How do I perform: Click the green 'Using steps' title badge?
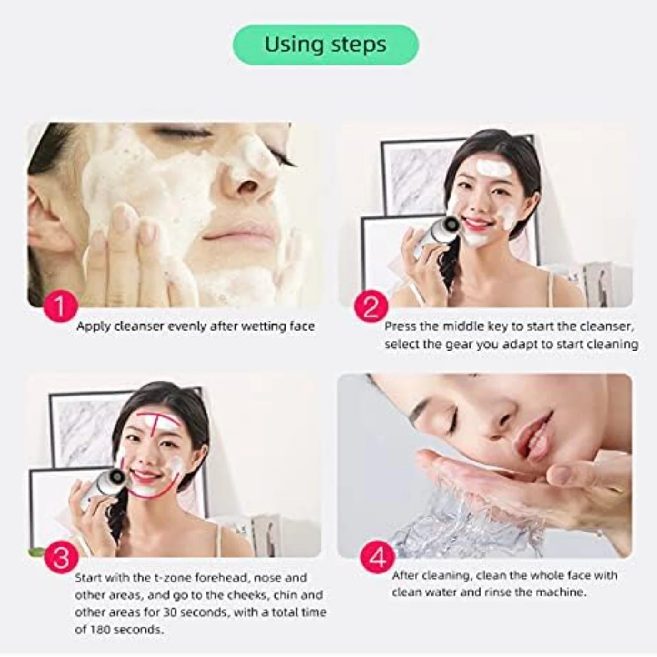326,45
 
